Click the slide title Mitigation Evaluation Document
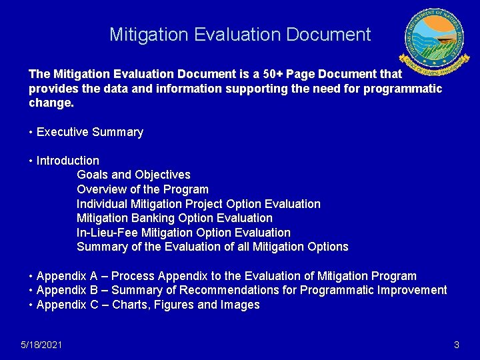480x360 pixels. pos(240,35)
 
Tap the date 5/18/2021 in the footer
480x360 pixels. pos(41,345)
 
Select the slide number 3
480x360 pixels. pos(456,345)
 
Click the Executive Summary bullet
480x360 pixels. pos(86,132)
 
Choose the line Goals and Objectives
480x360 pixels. pos(133,175)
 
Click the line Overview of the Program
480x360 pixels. pos(143,189)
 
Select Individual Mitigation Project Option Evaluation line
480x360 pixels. pos(199,204)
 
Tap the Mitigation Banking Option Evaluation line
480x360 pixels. pos(175,218)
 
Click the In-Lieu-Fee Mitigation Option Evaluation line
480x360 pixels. pos(183,233)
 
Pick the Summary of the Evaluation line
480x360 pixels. pos(212,247)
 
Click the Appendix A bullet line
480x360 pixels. pos(223,276)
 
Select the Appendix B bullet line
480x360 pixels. pos(238,290)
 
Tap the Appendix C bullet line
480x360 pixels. pos(144,305)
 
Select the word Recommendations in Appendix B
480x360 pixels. pos(237,290)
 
